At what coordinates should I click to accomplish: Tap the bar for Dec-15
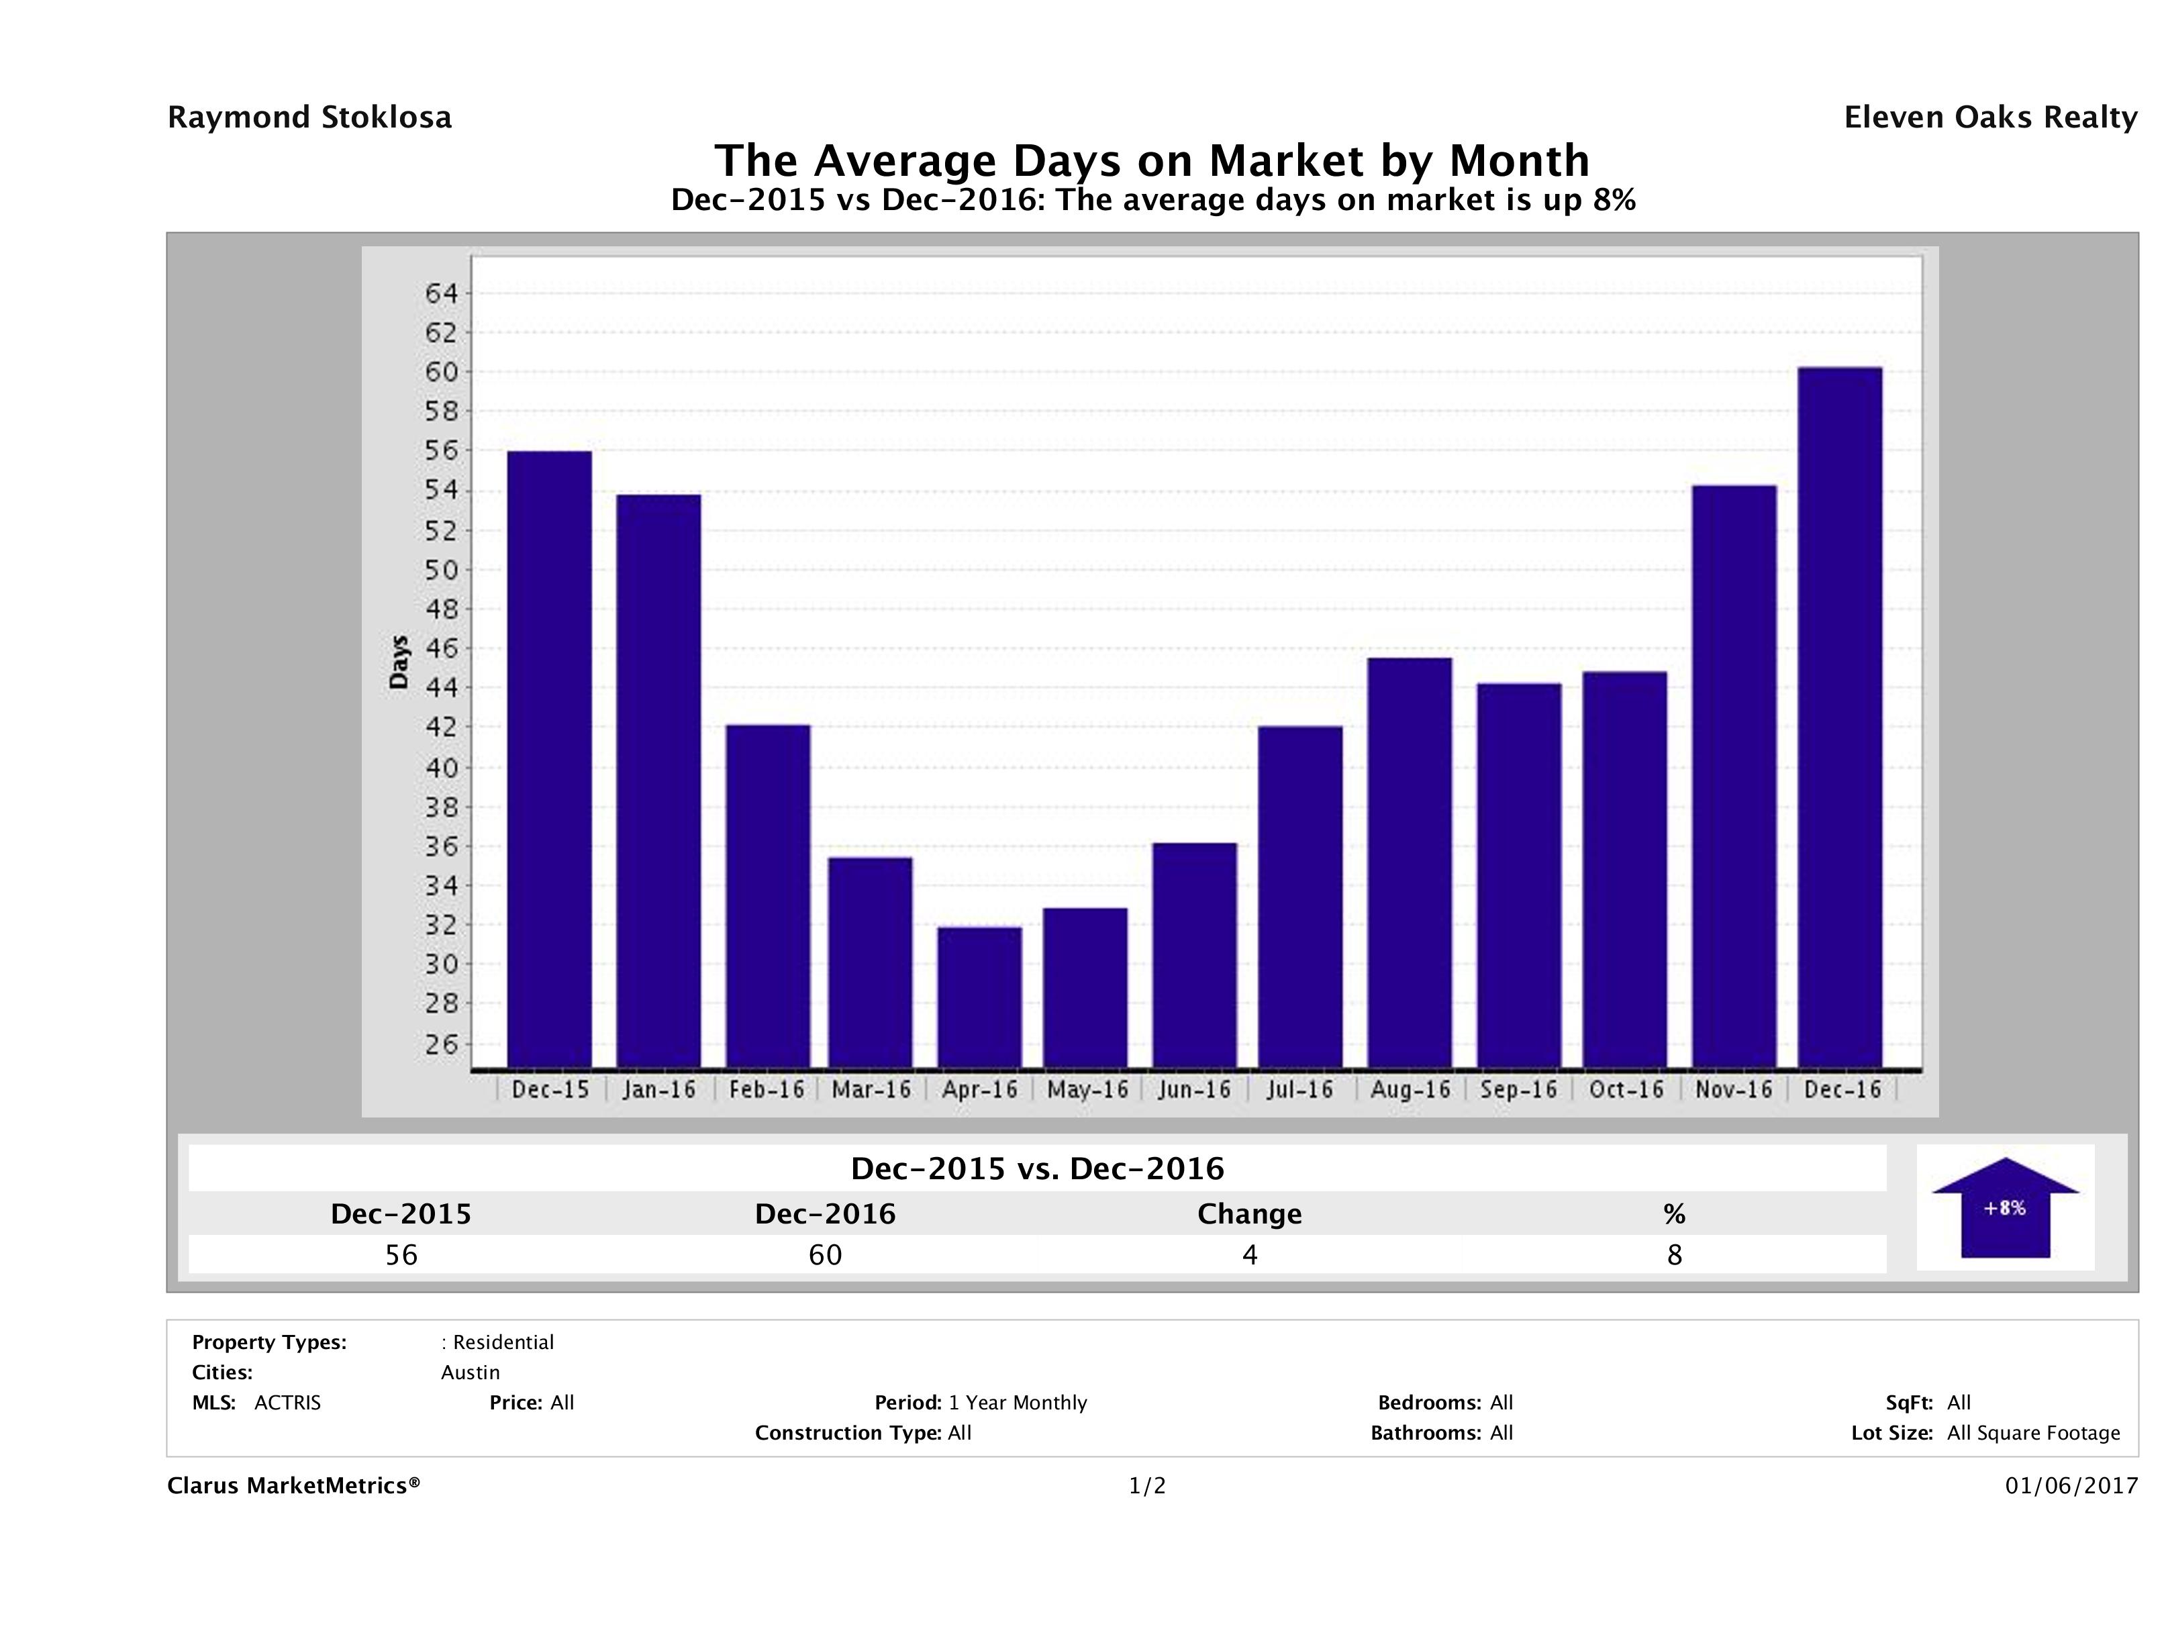coord(549,759)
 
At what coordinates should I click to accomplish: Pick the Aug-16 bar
coord(1410,862)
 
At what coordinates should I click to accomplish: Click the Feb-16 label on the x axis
coord(766,1090)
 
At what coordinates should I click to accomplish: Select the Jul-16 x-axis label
coord(1299,1090)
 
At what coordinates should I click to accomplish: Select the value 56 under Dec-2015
coord(401,1254)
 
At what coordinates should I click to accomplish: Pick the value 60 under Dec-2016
coord(826,1254)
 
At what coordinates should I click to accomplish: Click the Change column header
coord(1250,1214)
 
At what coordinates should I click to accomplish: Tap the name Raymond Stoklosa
coord(309,117)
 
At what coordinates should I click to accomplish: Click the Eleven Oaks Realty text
coord(1989,117)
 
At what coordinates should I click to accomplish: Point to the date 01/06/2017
coord(2071,1487)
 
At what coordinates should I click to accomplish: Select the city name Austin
coord(470,1373)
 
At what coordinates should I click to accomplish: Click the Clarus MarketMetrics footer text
coord(294,1487)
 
